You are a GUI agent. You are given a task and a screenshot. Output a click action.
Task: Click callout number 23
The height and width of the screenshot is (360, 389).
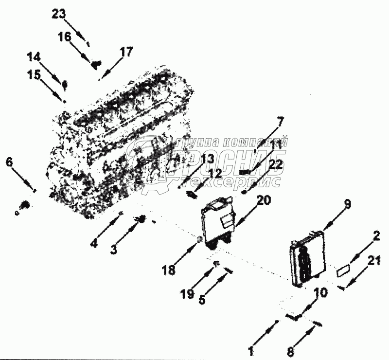tap(58, 14)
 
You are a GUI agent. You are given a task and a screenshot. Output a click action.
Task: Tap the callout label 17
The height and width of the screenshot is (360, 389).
tap(125, 52)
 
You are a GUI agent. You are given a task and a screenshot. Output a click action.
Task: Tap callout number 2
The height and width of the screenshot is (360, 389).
tap(375, 236)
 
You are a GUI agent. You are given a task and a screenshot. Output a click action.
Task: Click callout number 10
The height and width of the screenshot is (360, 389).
tap(320, 293)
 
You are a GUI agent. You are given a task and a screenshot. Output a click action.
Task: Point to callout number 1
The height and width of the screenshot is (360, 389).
tap(251, 349)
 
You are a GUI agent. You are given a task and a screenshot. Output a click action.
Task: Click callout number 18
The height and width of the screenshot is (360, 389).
tap(169, 270)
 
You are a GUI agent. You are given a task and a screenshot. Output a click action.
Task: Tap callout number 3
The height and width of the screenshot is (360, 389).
tap(113, 250)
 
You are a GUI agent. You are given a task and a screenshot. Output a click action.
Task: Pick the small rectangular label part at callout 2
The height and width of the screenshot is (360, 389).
tap(344, 270)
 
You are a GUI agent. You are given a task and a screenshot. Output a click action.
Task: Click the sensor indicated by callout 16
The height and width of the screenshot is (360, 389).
tap(96, 63)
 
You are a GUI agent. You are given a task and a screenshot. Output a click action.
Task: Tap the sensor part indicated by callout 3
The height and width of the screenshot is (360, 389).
tap(142, 220)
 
